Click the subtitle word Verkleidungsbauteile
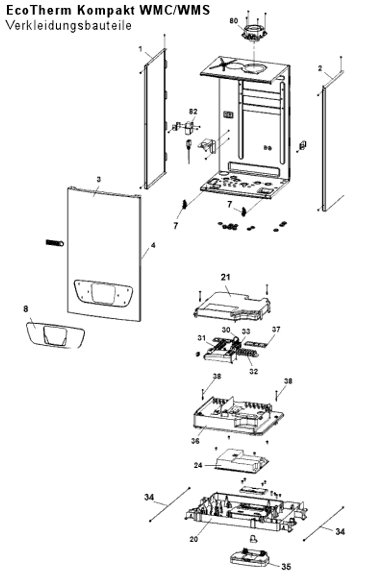coord(69,26)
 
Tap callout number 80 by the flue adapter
coord(234,21)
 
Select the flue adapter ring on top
coord(254,34)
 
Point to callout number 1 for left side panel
coord(140,49)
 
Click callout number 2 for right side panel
coord(320,69)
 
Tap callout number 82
coord(193,111)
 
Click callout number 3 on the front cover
coord(99,179)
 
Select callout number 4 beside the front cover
coord(153,245)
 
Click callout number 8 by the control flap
coord(26,309)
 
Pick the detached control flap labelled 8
coord(55,335)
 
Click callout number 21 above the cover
coord(226,277)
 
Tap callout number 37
coord(276,329)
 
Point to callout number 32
coord(253,371)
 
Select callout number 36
coord(195,441)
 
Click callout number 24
coord(198,466)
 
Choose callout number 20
coord(193,539)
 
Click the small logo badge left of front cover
coord(55,243)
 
